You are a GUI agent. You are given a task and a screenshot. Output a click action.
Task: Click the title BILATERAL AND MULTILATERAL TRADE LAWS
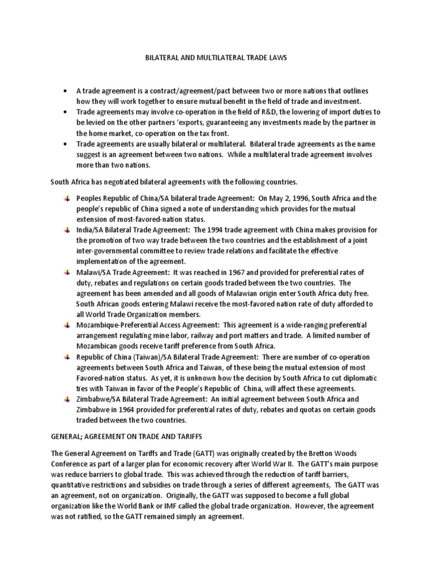216,58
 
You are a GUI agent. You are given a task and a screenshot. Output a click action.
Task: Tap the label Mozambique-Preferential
119,326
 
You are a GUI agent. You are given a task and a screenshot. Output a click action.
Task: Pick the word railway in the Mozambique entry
178,336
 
